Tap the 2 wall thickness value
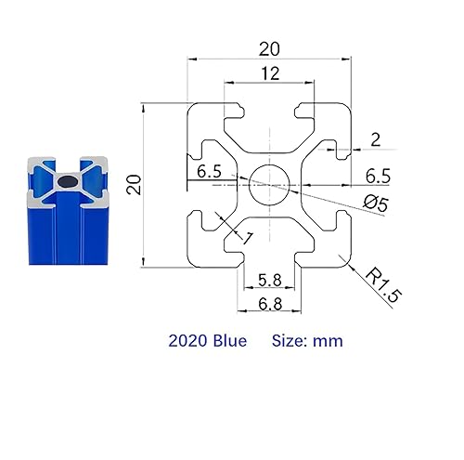(x=374, y=139)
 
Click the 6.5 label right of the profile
(x=377, y=175)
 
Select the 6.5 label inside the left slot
(x=209, y=172)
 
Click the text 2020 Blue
(x=208, y=341)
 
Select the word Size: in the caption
(x=290, y=341)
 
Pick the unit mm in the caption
(x=328, y=341)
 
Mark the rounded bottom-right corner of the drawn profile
(x=346, y=263)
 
